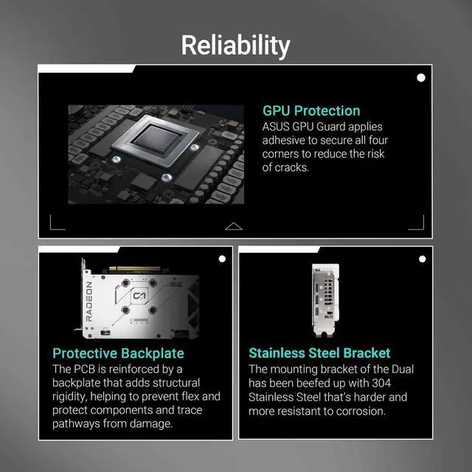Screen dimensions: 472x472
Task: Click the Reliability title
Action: click(236, 46)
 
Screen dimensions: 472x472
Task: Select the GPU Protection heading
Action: click(311, 111)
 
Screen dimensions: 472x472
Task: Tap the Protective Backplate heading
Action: click(118, 353)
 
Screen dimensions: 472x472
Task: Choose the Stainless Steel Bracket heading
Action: click(319, 353)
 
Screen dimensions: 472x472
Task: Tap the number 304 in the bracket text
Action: click(381, 383)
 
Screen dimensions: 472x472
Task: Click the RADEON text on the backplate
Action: click(89, 302)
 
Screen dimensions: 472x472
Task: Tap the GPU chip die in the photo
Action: click(157, 139)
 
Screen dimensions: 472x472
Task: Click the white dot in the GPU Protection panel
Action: click(421, 77)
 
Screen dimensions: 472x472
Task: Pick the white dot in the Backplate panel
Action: click(222, 259)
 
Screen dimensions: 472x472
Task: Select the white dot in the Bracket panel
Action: click(422, 259)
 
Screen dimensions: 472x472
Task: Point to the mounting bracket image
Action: click(326, 300)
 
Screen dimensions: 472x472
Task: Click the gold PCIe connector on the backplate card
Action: click(134, 268)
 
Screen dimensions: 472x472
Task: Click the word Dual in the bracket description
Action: click(403, 369)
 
